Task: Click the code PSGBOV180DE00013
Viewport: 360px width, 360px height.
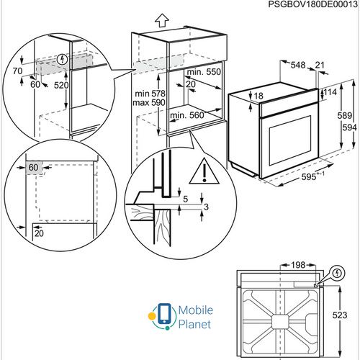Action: pos(312,4)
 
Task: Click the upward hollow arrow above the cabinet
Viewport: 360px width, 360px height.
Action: pos(162,20)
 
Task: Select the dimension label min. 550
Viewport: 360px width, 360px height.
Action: pos(204,71)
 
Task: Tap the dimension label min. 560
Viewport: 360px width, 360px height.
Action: pos(187,115)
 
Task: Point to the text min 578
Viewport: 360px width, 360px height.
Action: pos(150,94)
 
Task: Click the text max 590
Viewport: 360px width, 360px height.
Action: pos(149,103)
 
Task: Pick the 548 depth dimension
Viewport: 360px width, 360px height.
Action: pos(298,65)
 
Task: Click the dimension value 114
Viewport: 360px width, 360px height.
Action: pos(330,92)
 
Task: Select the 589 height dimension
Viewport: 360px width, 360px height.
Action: pos(345,116)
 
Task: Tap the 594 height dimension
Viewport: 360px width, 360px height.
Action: pos(349,127)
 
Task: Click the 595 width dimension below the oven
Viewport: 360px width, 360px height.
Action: pos(312,176)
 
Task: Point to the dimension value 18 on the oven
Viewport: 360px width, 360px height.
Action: pos(258,96)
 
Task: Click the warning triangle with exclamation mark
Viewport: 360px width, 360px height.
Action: pos(204,172)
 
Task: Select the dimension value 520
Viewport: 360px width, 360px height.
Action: pos(61,85)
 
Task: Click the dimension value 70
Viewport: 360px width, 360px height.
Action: pos(17,71)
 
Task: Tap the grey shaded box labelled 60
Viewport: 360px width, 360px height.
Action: pos(34,168)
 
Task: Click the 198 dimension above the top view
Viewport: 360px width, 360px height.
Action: pos(298,265)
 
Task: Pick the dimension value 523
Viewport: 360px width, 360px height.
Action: pos(340,315)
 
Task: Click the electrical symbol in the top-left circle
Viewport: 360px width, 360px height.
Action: pos(63,59)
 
